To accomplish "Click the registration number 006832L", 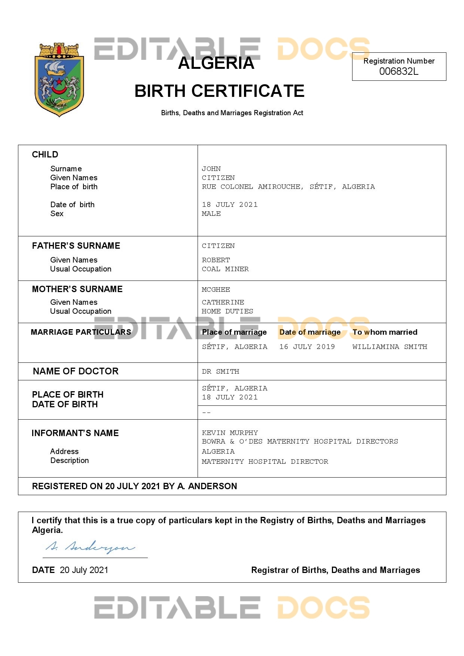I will pos(399,71).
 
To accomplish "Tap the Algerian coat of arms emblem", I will pos(59,79).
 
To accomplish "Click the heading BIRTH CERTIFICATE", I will pos(219,91).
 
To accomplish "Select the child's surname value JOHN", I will pos(211,169).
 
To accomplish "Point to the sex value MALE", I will pos(211,214).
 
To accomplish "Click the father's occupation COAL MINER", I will pos(225,269).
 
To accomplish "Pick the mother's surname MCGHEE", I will pos(216,289).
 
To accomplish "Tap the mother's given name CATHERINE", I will pos(223,302).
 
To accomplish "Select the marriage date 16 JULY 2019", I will pos(307,347).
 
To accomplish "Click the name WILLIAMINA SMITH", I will pos(390,347).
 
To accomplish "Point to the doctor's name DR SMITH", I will pos(220,371).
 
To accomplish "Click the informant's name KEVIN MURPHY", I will pos(230,433).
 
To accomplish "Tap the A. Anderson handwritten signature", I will pos(90,547).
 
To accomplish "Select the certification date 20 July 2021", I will pos(84,570).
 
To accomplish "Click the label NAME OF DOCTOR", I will pos(76,371).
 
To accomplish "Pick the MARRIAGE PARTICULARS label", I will pos(81,332).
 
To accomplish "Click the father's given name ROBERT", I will pos(216,260).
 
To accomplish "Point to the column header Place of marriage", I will pos(234,332).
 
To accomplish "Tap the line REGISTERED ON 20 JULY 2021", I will pos(134,486).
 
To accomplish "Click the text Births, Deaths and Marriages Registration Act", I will pos(232,113).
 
